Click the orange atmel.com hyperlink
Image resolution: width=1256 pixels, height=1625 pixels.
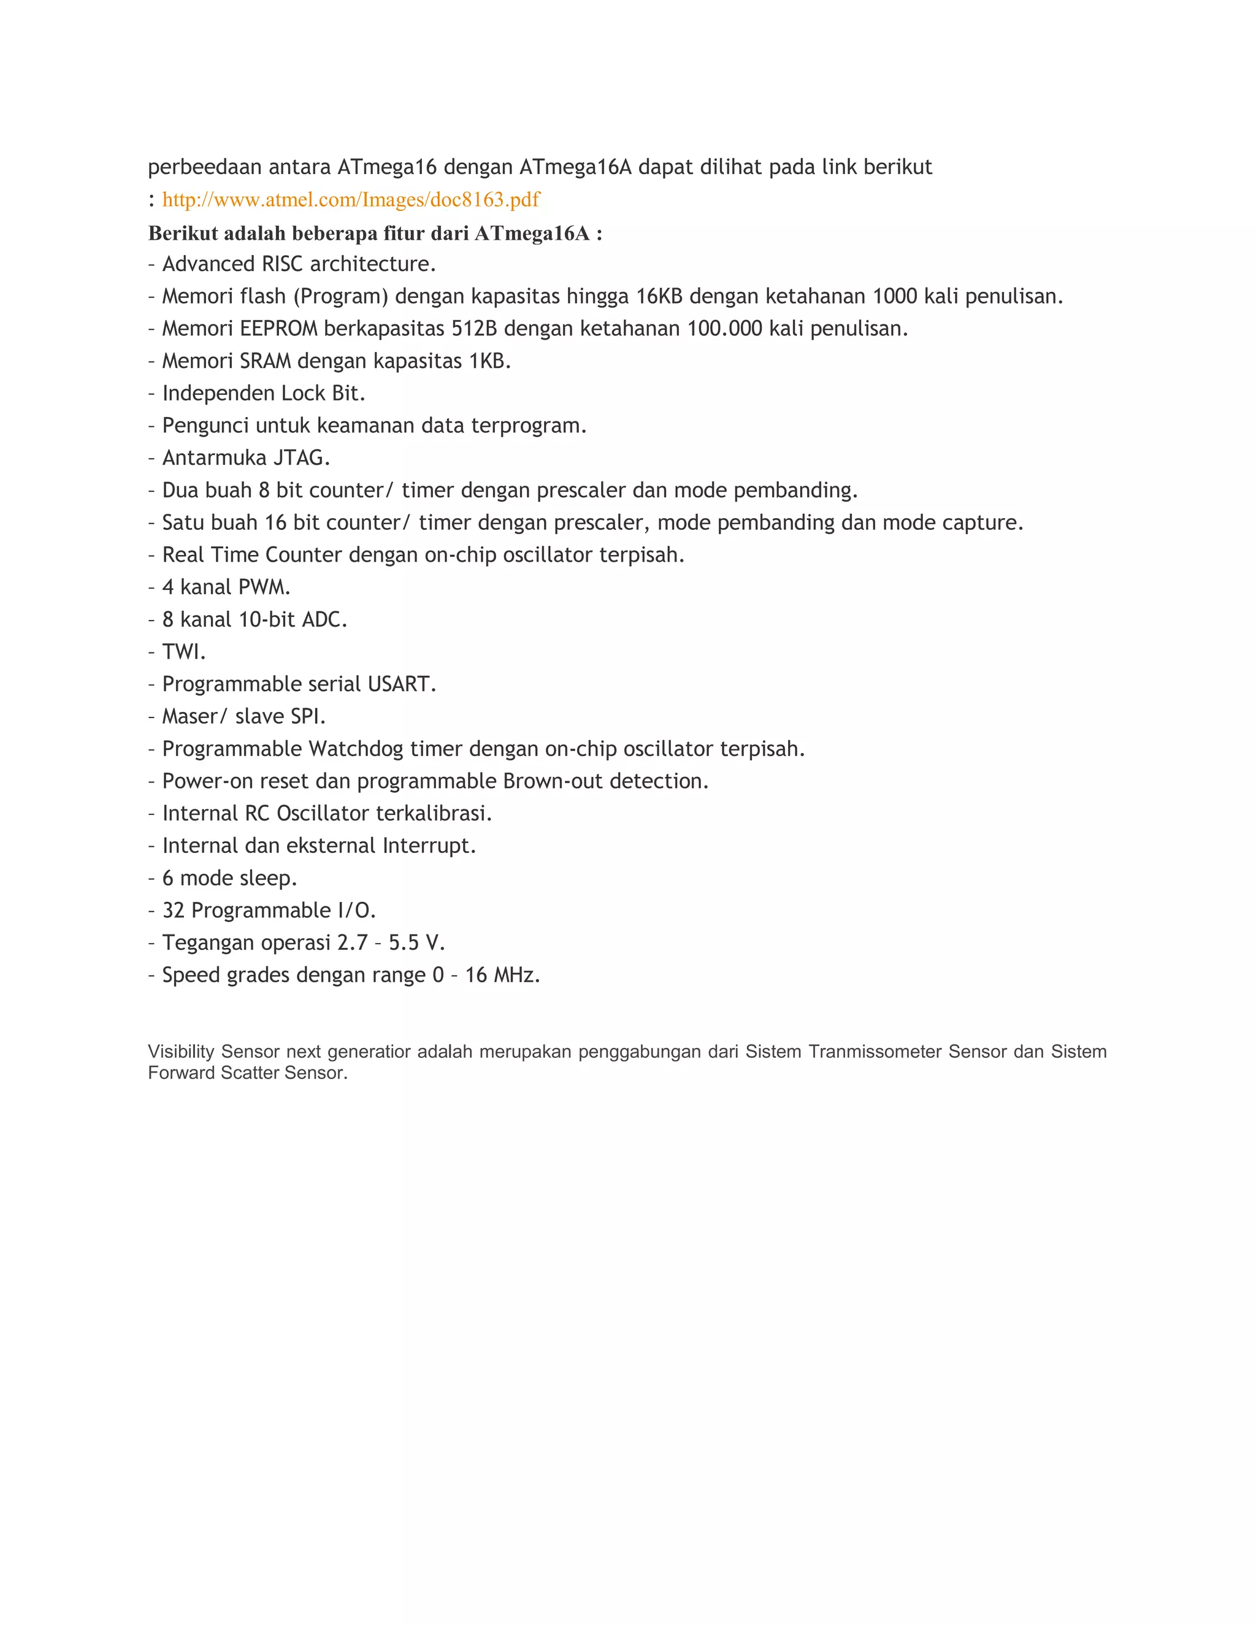click(x=350, y=199)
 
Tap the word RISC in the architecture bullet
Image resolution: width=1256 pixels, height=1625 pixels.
click(x=282, y=264)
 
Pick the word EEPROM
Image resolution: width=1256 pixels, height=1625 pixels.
click(x=278, y=329)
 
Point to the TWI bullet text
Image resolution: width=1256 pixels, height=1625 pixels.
click(x=184, y=652)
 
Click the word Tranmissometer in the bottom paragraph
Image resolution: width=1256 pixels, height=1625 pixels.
click(x=875, y=1051)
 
